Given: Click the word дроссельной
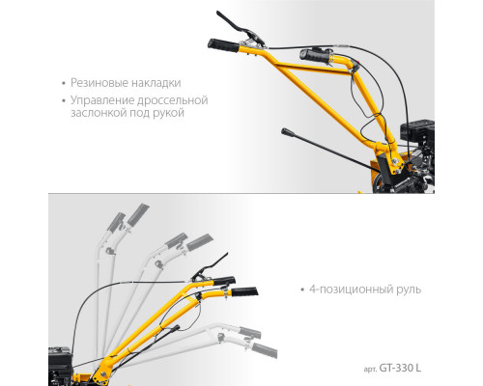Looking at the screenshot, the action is click(172, 100).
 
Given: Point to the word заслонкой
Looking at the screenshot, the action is click(99, 113).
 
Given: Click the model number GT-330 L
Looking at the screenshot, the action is click(400, 368).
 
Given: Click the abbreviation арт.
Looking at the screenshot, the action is click(370, 370).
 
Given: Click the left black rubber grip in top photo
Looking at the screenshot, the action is click(223, 45).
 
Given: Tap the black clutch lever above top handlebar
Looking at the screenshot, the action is click(241, 28).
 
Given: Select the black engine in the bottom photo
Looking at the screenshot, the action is click(61, 366).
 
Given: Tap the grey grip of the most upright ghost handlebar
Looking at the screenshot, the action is click(138, 213).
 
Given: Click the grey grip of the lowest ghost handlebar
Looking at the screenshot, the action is click(265, 350).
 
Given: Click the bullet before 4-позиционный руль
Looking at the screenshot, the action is click(302, 289).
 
